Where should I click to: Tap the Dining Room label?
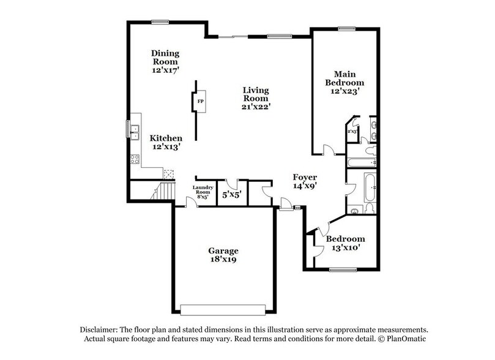click(x=165, y=61)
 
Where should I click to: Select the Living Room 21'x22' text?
click(x=255, y=98)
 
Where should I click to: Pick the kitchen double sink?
click(x=132, y=130)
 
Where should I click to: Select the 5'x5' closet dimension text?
click(x=232, y=195)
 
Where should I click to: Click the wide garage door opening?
click(x=223, y=309)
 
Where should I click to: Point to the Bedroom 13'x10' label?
click(x=345, y=243)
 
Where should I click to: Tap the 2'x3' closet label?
click(x=352, y=131)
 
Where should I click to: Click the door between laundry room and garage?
click(x=191, y=203)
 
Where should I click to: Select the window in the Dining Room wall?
click(x=160, y=23)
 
